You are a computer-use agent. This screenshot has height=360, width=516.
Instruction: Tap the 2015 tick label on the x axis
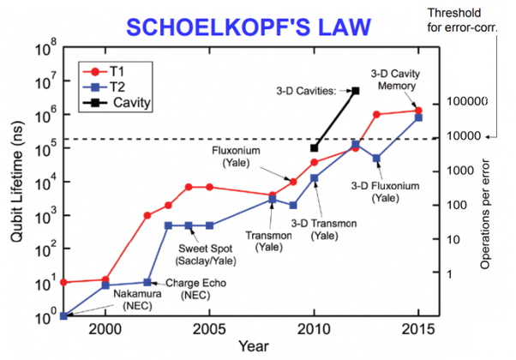417,328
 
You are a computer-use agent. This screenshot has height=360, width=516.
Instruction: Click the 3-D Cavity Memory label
395,78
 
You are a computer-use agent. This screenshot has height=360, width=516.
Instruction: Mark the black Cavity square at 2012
356,90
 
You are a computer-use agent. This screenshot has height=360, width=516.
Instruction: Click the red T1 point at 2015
418,110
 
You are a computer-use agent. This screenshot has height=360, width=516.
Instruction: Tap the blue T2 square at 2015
418,117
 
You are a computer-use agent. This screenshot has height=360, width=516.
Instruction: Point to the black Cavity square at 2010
315,148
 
